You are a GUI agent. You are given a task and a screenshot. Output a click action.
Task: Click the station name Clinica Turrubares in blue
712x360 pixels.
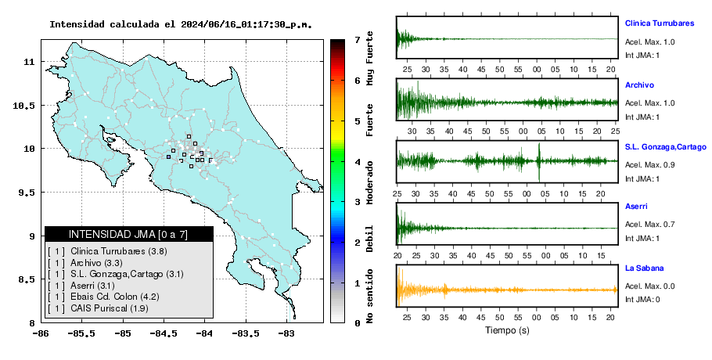coord(660,23)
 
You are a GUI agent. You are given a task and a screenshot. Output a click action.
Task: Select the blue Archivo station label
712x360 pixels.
coord(639,85)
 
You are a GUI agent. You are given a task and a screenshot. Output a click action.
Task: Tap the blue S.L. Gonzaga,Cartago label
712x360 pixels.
coord(666,147)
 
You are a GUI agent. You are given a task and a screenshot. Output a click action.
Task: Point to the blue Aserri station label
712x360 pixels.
coord(636,206)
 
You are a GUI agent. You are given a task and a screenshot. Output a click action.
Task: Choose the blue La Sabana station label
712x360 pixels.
coord(645,268)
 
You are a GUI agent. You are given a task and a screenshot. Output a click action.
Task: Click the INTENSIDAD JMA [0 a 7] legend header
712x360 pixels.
coord(128,234)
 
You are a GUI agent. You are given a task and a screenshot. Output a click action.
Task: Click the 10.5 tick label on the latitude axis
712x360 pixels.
coord(24,106)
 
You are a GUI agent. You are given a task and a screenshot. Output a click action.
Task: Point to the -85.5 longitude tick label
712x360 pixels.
coord(81,334)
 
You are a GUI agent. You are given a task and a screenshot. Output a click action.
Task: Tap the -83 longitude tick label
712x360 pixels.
coord(286,334)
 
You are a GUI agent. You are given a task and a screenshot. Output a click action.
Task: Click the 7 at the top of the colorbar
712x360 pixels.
coord(358,40)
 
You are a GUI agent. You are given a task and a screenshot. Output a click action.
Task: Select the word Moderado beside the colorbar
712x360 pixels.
coord(369,182)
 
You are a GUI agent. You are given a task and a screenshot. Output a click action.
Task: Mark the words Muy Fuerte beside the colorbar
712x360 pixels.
coord(369,58)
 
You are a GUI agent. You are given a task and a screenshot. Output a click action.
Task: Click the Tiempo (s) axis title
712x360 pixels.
coord(507,330)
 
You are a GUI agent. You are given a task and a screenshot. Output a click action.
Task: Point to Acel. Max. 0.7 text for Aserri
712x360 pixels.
coord(649,225)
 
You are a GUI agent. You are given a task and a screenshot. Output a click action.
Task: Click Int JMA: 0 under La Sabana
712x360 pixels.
coord(642,300)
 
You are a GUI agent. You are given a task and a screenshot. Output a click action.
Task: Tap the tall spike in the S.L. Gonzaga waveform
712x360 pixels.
coord(539,162)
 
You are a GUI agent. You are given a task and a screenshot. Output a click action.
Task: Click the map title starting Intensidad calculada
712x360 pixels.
coord(181,24)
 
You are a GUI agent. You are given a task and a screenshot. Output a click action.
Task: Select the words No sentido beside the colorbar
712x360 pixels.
coord(369,296)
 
